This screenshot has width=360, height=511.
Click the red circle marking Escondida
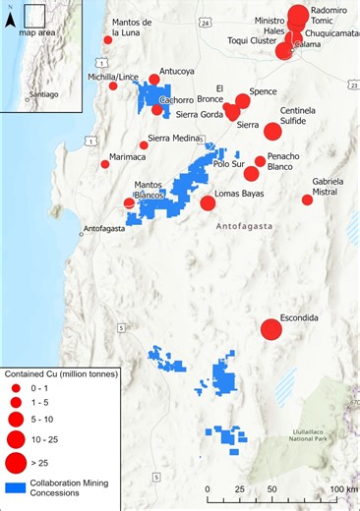tap(270, 330)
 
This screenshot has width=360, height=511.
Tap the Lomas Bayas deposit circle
tap(208, 203)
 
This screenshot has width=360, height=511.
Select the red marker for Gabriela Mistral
tap(307, 199)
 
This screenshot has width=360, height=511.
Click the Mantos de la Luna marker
tap(108, 40)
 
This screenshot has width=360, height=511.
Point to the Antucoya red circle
tap(153, 80)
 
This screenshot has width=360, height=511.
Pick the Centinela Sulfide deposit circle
tap(272, 131)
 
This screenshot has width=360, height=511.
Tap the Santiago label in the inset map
tap(42, 94)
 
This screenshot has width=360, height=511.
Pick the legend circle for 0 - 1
tap(17, 388)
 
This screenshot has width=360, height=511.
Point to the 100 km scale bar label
tap(343, 489)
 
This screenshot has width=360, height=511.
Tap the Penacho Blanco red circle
tap(260, 161)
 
